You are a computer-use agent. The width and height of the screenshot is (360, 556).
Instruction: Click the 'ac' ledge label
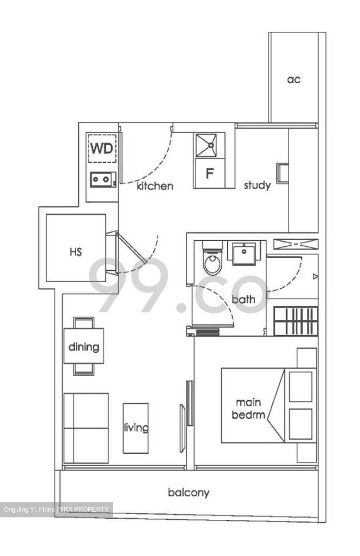[x=294, y=80]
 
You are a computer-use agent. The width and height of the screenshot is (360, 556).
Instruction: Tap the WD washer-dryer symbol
[x=102, y=148]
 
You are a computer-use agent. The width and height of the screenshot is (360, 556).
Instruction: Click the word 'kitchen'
[x=155, y=186]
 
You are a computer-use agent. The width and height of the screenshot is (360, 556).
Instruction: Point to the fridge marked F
[x=209, y=173]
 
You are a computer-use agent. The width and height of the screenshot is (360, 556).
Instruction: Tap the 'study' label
[x=257, y=185]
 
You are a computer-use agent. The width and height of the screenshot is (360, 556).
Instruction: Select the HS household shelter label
[x=76, y=252]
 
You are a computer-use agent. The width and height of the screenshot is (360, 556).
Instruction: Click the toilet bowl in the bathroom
[x=212, y=262]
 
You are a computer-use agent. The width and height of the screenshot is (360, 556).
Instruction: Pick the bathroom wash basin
[x=244, y=253]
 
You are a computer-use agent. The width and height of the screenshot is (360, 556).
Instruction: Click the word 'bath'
[x=243, y=299]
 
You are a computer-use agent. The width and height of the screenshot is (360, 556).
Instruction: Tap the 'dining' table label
[x=84, y=346]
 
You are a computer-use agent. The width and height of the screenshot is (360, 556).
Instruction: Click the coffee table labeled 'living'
[x=136, y=428]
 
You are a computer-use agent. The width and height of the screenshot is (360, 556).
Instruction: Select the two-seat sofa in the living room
[x=86, y=428]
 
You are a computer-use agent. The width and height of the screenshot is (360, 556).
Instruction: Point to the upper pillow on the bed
[x=301, y=386]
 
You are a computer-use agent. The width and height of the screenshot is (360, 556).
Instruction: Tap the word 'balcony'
[x=188, y=493]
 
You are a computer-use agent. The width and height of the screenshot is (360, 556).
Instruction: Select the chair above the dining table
[x=84, y=322]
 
